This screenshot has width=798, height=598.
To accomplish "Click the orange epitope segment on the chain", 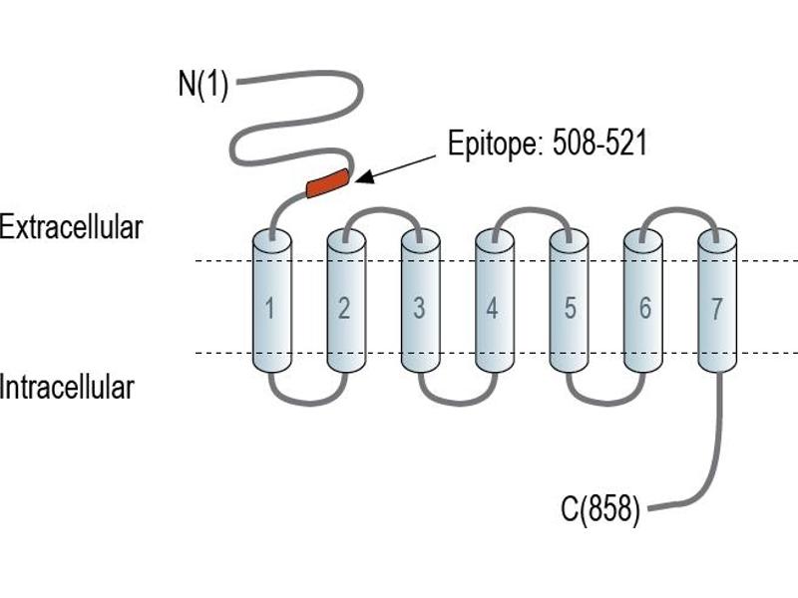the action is coord(328,183).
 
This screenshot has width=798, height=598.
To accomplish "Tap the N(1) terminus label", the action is coord(203,84).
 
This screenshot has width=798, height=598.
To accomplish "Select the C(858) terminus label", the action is coord(600,508).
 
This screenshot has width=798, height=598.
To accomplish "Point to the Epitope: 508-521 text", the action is coord(547,143).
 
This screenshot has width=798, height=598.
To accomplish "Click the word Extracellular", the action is coord(71,227).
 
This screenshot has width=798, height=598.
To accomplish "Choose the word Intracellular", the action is coord(67,387).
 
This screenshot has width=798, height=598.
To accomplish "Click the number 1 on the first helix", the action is coord(269,308).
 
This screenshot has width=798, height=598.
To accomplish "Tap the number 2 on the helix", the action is coord(344,308).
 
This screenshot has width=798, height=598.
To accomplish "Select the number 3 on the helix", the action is coord(419,308).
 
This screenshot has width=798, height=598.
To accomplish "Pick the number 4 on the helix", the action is coord(492,308).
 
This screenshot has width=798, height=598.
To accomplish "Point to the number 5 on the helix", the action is coord(570,308).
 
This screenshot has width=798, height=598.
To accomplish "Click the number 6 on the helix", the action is coord(644,308).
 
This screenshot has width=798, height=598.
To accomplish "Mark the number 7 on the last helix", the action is coord(716,309).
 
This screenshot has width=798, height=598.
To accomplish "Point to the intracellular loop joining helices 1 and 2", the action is coord(309,403).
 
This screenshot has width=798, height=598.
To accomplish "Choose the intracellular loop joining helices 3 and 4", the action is coord(458,403).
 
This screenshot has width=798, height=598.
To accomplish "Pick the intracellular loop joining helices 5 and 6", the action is coord(606,403).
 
